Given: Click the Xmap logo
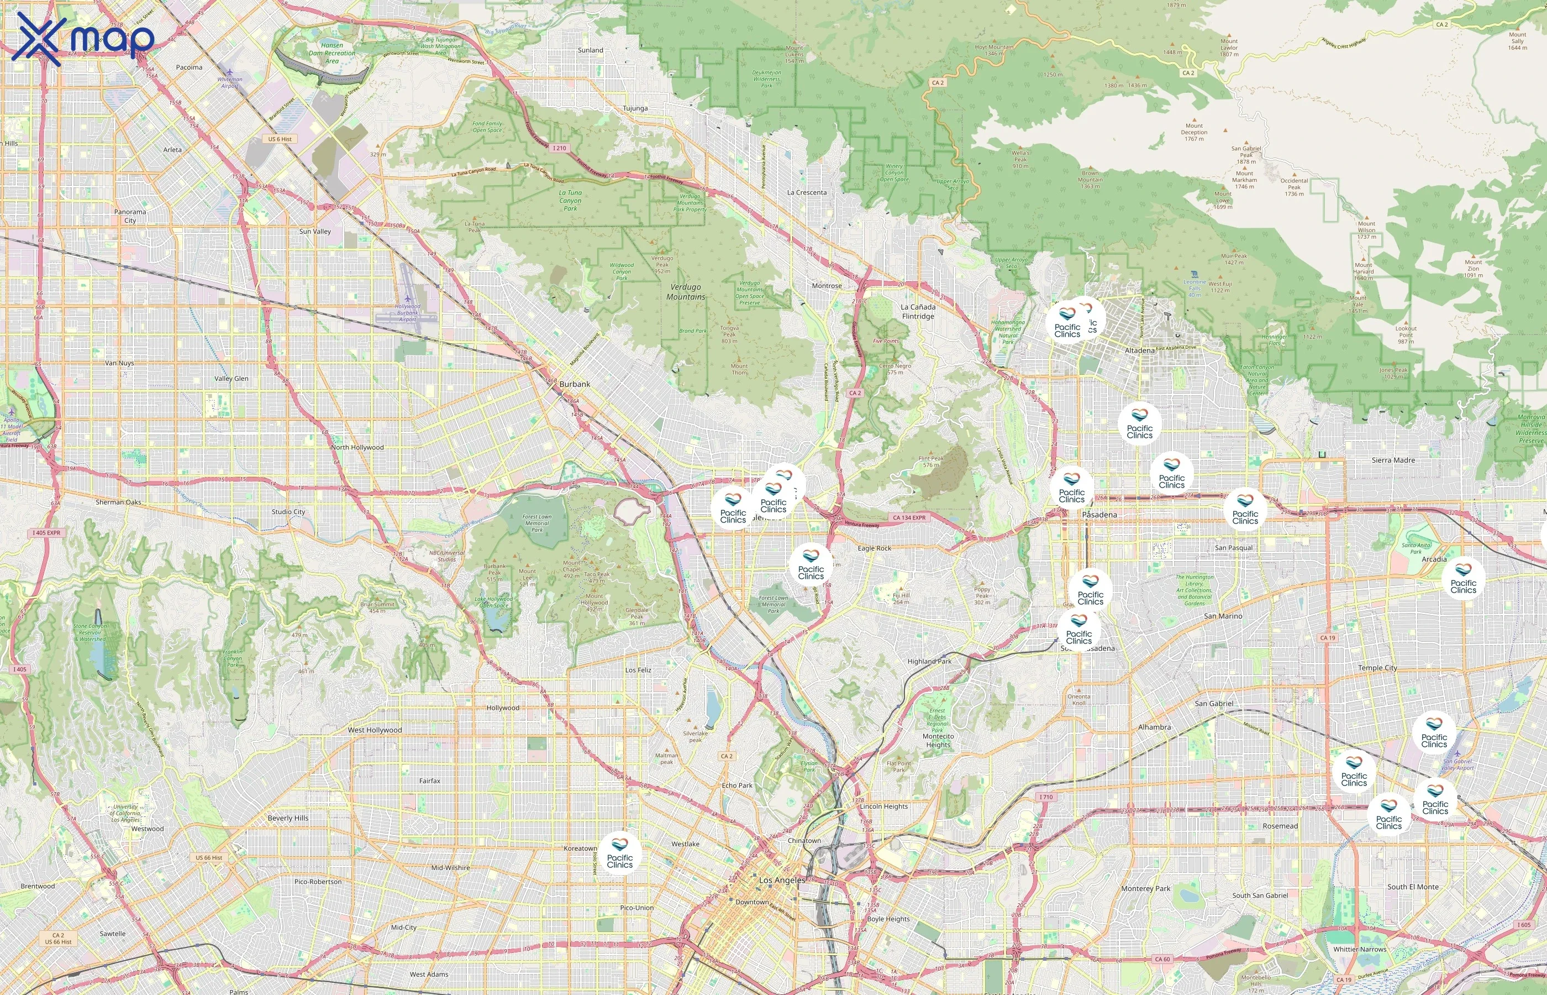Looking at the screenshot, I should point(83,39).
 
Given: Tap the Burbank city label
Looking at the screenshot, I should point(574,384).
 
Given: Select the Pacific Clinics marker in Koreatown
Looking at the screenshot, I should point(619,853).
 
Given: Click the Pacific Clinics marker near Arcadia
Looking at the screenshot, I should point(1463,578).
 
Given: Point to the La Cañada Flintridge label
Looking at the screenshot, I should point(918,311).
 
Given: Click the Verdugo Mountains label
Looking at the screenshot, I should point(686,291).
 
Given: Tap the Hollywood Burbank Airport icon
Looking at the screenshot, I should point(407,298).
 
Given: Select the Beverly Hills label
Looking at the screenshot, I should point(288,818).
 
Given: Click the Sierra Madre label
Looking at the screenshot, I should point(1393,460).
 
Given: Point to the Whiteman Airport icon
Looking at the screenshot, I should point(230,72).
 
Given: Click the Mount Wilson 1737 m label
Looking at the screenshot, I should point(1366,230).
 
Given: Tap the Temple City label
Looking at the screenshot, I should point(1377,667).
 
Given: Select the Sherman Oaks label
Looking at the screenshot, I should point(118,502).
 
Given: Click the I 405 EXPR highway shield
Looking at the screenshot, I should point(46,533).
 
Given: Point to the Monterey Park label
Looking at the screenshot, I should point(1145,888).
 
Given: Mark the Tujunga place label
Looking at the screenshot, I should point(635,108).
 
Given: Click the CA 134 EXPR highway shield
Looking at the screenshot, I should point(908,517).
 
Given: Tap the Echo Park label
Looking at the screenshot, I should point(736,785).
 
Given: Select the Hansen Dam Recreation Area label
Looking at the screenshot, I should point(332,53).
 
